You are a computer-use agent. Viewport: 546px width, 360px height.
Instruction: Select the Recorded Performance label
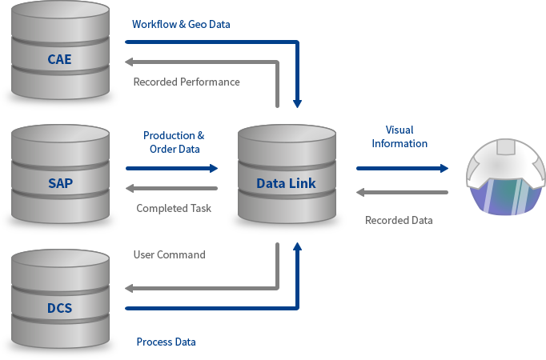[187, 82]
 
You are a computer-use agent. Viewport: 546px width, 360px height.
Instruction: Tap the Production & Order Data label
[174, 142]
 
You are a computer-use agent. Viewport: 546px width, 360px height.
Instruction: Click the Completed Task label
[174, 209]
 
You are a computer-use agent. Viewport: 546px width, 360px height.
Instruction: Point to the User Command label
[169, 254]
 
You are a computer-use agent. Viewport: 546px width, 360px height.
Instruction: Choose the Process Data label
[166, 342]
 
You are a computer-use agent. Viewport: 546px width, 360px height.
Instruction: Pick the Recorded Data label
[399, 220]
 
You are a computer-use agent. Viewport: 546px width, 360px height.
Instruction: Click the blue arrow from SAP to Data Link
[172, 168]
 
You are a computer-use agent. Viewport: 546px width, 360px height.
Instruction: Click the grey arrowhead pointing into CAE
[130, 62]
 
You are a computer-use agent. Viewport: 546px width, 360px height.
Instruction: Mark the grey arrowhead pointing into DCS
[130, 288]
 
